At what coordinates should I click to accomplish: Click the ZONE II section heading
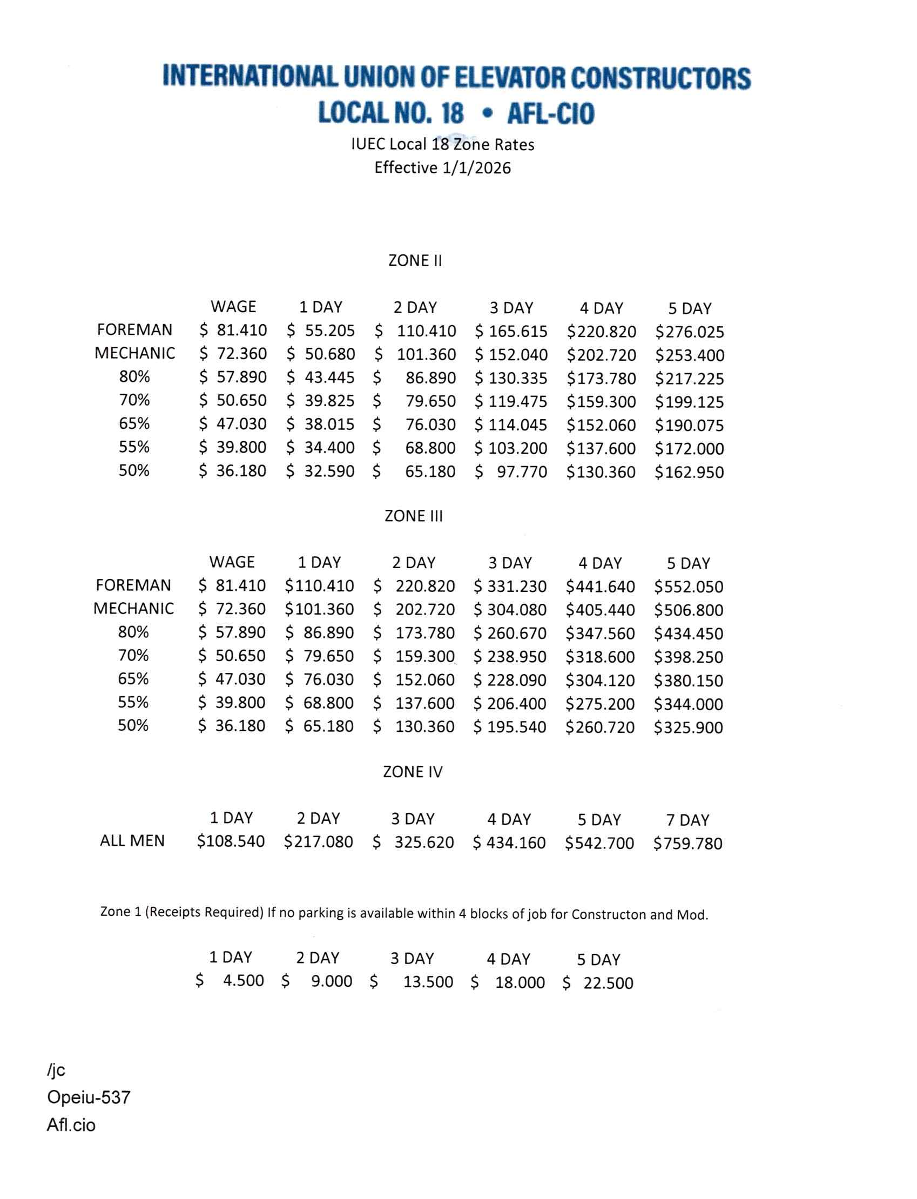tap(415, 261)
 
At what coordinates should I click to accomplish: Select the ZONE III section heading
tap(414, 516)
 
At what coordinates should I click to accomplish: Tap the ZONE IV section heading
tap(413, 772)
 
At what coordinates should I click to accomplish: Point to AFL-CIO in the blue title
tap(550, 113)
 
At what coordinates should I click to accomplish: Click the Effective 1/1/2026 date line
tap(442, 167)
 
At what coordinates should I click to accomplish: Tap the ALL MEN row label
tap(132, 841)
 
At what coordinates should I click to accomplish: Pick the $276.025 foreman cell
tap(690, 332)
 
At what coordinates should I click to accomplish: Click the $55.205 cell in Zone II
tap(321, 331)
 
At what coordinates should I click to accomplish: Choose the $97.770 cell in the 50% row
tap(511, 472)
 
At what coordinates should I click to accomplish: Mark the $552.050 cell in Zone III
tap(689, 587)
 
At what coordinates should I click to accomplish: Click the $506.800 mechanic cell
tap(689, 610)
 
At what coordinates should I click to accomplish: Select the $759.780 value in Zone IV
tap(688, 844)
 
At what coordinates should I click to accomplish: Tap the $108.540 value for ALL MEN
tap(231, 841)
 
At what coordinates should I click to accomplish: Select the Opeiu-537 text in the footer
tap(89, 1097)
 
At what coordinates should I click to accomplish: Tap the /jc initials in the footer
tap(56, 1070)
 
